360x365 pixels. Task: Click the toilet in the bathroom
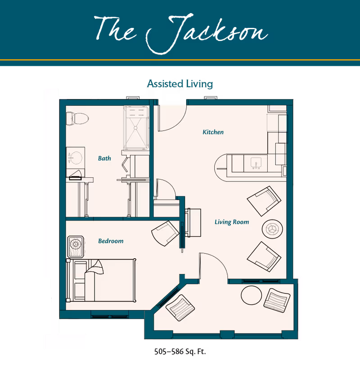coord(77,119)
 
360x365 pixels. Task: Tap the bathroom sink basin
coord(76,158)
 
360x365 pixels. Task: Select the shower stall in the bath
coord(136,127)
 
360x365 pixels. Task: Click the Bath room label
coord(104,158)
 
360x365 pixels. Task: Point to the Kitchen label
coord(213,132)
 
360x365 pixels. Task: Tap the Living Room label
coord(232,222)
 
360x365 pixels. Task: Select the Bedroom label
coord(111,241)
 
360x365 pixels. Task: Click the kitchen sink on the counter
coord(256,163)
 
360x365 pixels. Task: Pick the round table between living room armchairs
coord(272,229)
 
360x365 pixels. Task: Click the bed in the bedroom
coord(101,280)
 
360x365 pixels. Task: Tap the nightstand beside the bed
coord(76,247)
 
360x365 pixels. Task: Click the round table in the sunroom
coord(252,295)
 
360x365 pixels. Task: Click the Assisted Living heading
coord(180,84)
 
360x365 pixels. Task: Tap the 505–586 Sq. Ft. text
coord(180,351)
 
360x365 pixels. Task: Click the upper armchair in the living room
coord(264,201)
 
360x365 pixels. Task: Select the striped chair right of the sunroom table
coord(277,300)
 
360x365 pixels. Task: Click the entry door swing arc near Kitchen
coord(179,123)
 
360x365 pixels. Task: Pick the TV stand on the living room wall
coord(193,223)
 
